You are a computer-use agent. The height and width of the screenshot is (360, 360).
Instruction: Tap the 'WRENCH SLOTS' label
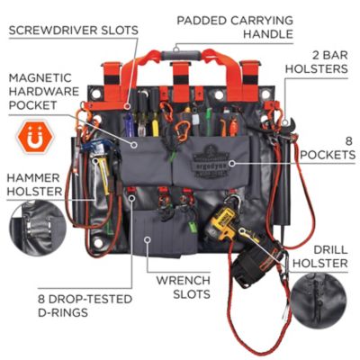tap(185, 286)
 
